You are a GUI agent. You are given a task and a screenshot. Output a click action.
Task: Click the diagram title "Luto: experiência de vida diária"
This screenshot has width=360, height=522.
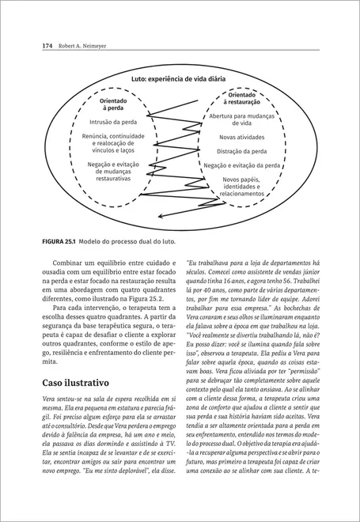(x=180, y=79)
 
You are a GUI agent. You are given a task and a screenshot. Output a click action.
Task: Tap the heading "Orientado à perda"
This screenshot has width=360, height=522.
(x=116, y=104)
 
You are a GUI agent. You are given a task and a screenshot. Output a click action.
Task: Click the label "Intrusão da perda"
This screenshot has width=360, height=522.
(x=116, y=123)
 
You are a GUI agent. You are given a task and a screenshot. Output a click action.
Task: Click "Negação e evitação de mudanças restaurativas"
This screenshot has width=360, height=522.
(x=116, y=172)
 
